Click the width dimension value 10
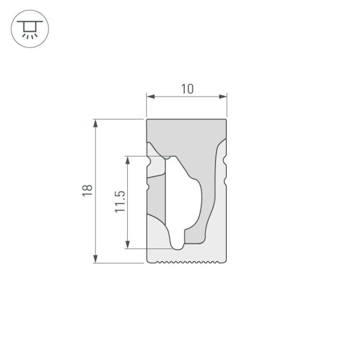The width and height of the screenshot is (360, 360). coord(187,89)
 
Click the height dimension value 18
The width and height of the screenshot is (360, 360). coord(88,191)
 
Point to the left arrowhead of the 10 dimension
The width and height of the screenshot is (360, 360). coord(150,96)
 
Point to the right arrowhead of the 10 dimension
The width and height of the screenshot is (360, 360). coord(224,96)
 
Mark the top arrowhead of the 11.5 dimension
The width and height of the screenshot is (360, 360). coord(127,160)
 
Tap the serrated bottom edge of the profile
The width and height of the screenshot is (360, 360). coord(187,262)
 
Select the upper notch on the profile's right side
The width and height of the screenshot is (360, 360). coord(226,160)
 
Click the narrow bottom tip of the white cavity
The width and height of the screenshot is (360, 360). coord(178,245)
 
